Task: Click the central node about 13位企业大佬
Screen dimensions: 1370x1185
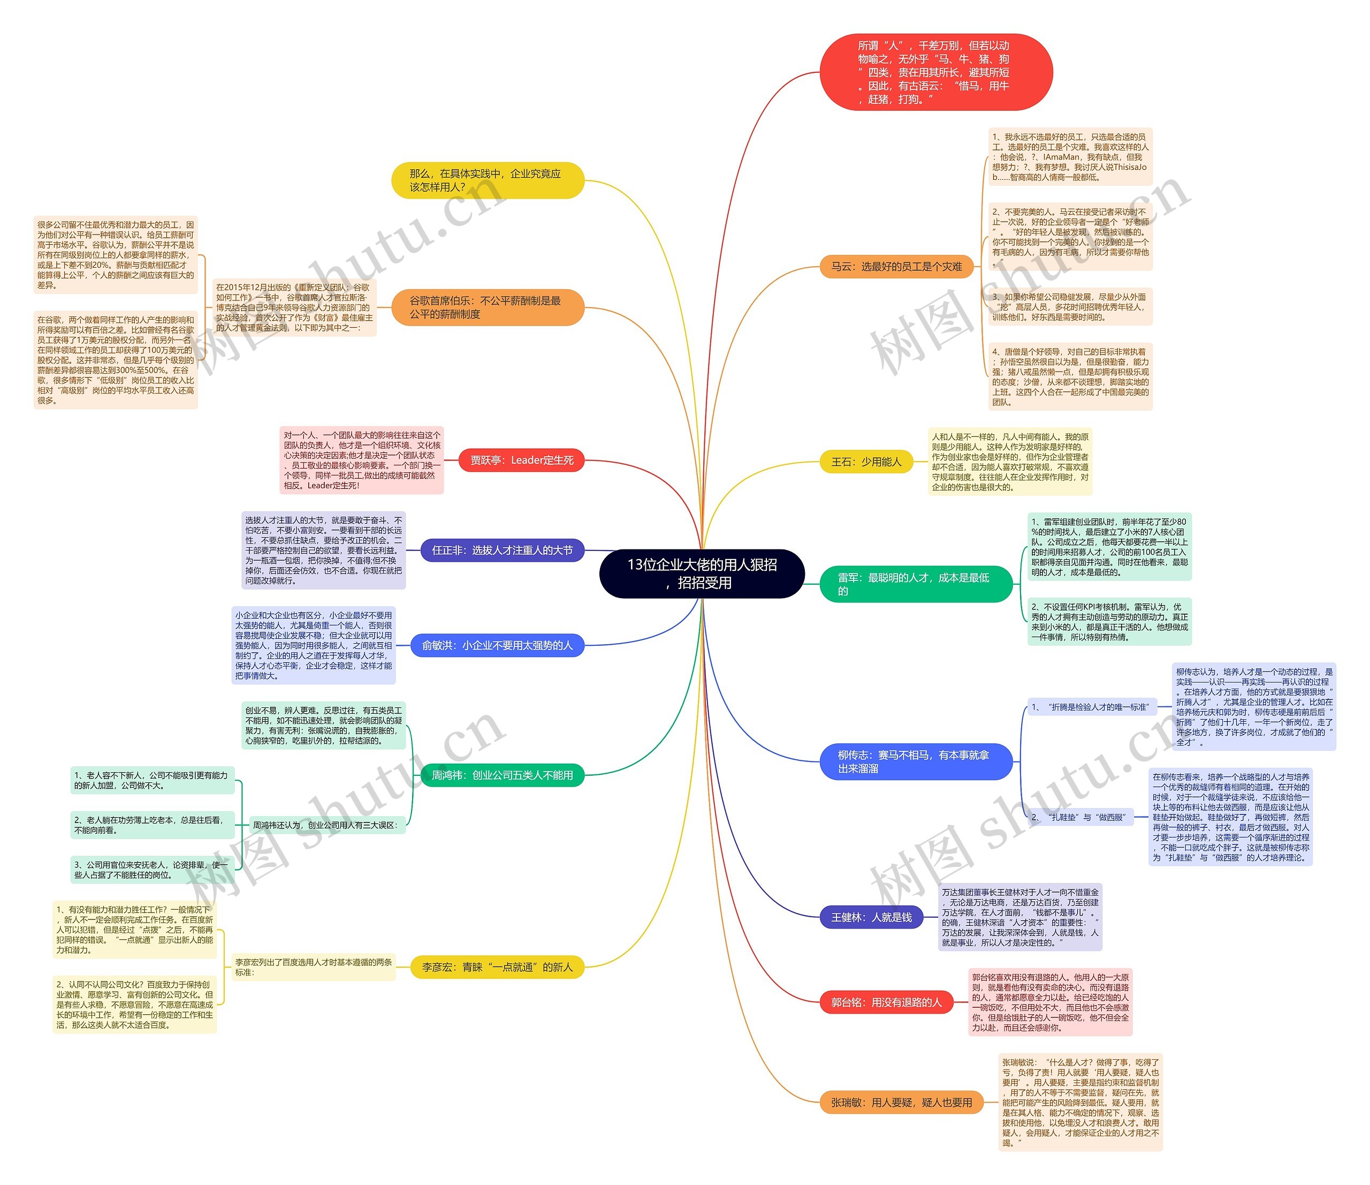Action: coord(702,573)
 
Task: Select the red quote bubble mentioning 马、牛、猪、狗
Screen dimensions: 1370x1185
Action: coord(935,72)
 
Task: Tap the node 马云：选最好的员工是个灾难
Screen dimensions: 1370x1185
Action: coord(896,267)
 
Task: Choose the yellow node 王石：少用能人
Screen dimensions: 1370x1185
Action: coord(865,462)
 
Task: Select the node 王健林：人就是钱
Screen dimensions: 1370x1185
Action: coord(871,917)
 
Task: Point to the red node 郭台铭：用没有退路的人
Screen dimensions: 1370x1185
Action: coord(886,1002)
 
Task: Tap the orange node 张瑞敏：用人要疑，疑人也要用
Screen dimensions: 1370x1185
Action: coord(901,1103)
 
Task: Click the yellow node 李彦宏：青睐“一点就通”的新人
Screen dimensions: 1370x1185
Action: coord(497,967)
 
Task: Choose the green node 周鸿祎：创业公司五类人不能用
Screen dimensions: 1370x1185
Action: coord(502,775)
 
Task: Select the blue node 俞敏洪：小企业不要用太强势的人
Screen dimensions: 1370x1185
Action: coord(497,645)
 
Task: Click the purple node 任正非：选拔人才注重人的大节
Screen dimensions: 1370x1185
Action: coord(502,550)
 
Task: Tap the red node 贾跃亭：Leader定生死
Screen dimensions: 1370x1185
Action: coord(521,460)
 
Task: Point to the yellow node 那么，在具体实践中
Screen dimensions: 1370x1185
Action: coord(488,180)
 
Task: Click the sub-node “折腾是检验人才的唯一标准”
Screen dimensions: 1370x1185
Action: coord(1092,707)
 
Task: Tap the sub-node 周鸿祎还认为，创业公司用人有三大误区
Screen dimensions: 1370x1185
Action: coord(325,825)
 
